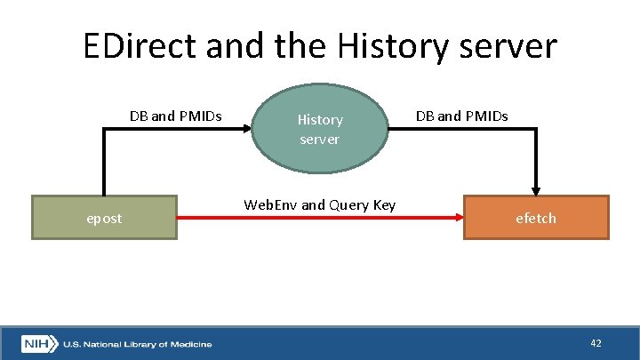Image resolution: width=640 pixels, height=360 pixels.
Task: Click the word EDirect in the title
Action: pyautogui.click(x=142, y=45)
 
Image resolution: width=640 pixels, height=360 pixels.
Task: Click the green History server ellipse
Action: pyautogui.click(x=320, y=128)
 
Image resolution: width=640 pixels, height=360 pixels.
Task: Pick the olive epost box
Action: pyautogui.click(x=104, y=218)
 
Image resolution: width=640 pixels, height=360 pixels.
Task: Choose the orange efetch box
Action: pyautogui.click(x=537, y=218)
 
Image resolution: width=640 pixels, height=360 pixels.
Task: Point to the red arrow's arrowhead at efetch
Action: pyautogui.click(x=458, y=218)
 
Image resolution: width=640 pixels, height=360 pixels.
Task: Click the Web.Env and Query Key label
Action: pyautogui.click(x=319, y=205)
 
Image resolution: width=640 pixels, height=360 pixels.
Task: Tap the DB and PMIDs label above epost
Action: pyautogui.click(x=175, y=116)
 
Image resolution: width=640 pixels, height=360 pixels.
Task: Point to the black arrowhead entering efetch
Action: pyautogui.click(x=536, y=189)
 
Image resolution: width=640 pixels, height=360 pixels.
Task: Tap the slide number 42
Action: pyautogui.click(x=595, y=342)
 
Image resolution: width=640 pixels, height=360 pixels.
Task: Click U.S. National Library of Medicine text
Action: pyautogui.click(x=137, y=344)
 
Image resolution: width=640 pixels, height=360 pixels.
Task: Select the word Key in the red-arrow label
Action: pyautogui.click(x=383, y=205)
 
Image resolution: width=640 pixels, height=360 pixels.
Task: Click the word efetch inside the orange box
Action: pyautogui.click(x=537, y=218)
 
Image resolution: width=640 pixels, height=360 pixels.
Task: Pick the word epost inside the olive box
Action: pyautogui.click(x=104, y=218)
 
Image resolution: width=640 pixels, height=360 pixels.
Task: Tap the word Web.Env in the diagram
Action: pyautogui.click(x=270, y=205)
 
